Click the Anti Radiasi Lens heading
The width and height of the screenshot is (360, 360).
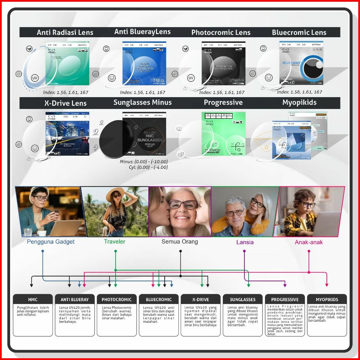pyautogui.click(x=65, y=33)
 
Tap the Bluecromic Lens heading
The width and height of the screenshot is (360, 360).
pyautogui.click(x=299, y=33)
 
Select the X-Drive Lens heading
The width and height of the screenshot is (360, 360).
pyautogui.click(x=65, y=103)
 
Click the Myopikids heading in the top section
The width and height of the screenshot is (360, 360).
pyautogui.click(x=299, y=103)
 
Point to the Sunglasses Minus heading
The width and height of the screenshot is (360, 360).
pyautogui.click(x=142, y=103)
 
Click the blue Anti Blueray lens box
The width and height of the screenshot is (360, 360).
pyautogui.click(x=144, y=63)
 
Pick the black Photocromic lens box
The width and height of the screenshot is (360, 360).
pyautogui.click(x=223, y=63)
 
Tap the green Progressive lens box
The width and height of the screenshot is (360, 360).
pyautogui.click(x=223, y=133)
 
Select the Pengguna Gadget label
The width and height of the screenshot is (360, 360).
pyautogui.click(x=51, y=242)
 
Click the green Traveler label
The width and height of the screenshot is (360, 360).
pyautogui.click(x=115, y=241)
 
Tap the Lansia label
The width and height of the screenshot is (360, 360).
pyautogui.click(x=245, y=242)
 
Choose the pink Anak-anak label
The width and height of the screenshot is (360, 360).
pyautogui.click(x=309, y=242)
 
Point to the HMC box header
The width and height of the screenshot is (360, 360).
pyautogui.click(x=33, y=299)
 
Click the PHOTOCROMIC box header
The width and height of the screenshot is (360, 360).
pyautogui.click(x=117, y=299)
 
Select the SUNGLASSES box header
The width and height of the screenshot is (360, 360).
pyautogui.click(x=243, y=299)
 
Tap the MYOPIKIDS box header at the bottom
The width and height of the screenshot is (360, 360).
pyautogui.click(x=327, y=299)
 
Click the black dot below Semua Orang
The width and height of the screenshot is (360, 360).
pyautogui.click(x=180, y=251)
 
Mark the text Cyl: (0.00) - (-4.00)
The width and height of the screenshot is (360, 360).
pyautogui.click(x=148, y=167)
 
